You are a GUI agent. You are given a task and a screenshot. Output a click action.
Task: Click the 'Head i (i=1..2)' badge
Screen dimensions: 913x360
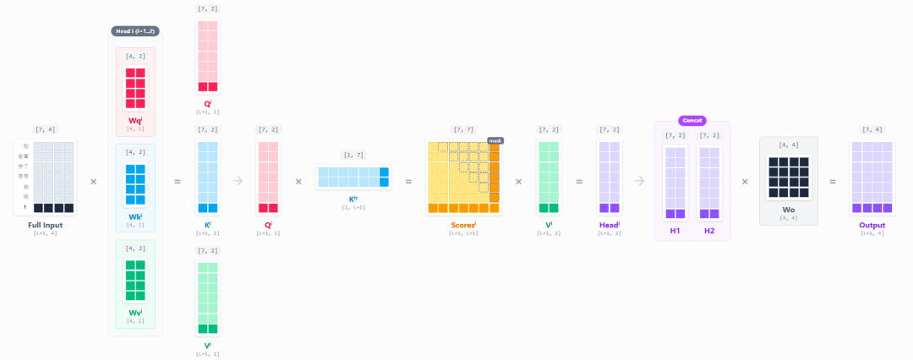(135, 31)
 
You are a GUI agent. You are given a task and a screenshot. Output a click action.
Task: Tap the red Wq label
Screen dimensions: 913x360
(135, 120)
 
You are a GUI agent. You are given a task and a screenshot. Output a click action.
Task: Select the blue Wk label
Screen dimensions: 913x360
(135, 216)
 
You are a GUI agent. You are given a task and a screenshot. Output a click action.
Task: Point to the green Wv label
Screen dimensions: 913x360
(135, 313)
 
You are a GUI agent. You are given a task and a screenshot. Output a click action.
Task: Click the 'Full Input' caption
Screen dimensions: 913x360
(45, 225)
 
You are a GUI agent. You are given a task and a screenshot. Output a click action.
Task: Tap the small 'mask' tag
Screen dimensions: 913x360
(495, 140)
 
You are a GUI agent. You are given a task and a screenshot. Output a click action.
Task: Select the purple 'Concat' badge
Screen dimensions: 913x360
(692, 121)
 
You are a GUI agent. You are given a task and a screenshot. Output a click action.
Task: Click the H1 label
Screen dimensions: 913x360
(675, 230)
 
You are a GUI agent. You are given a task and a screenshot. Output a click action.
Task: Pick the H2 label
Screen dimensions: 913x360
(709, 230)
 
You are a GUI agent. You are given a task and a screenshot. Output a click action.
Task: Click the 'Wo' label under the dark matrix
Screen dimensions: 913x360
(789, 210)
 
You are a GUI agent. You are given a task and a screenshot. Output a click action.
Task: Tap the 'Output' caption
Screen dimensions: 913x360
(872, 225)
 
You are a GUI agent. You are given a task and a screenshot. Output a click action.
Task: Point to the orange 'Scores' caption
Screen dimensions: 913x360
(463, 225)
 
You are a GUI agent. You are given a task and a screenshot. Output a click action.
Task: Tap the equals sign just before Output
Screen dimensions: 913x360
(833, 181)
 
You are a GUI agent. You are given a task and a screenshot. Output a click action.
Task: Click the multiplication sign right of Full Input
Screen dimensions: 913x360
(93, 181)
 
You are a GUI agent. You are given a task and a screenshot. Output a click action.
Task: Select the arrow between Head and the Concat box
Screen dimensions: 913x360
(640, 181)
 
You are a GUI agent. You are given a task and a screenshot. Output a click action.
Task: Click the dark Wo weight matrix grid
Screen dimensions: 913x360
(789, 177)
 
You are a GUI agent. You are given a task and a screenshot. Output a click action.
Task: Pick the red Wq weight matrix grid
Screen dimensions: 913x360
(135, 88)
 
